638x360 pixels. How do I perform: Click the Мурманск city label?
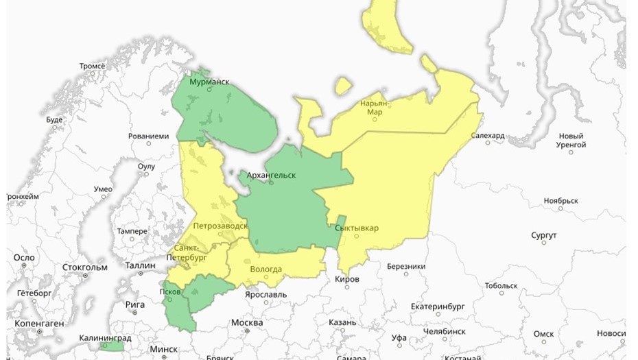[x=211, y=82]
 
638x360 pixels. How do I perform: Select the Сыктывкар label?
[x=357, y=228]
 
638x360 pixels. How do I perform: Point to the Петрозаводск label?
[x=220, y=225]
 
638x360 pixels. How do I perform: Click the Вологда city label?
[x=266, y=269]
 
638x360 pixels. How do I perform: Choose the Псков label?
[x=169, y=290]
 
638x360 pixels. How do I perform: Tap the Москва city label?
[x=247, y=322]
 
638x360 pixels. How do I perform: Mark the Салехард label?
[x=488, y=136]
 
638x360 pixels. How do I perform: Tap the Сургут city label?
[x=543, y=235]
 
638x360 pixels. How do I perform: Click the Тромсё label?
[x=92, y=66]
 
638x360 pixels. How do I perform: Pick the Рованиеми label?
[x=148, y=136]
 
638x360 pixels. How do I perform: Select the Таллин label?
[x=141, y=265]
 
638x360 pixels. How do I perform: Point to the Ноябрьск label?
[x=561, y=201]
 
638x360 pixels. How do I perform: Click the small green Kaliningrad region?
[x=108, y=346]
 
